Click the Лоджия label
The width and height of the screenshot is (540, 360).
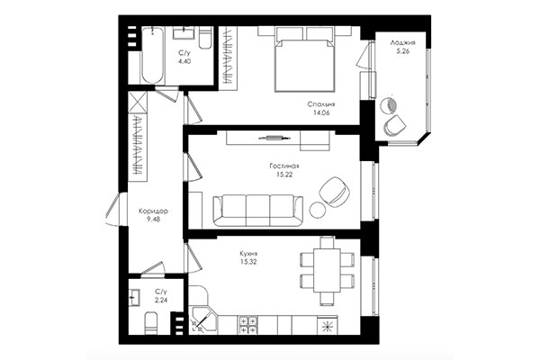pyautogui.click(x=402, y=42)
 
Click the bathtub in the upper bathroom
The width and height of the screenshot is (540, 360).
pyautogui.click(x=153, y=56)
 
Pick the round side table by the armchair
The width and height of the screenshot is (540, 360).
pyautogui.click(x=319, y=210)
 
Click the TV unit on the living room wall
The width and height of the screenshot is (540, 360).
pyautogui.click(x=270, y=138)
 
